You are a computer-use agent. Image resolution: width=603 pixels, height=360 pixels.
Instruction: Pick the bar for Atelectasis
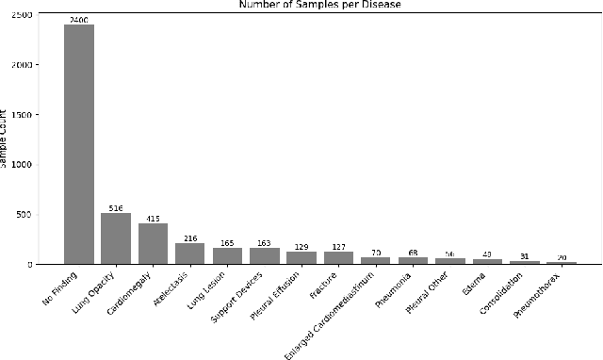190,254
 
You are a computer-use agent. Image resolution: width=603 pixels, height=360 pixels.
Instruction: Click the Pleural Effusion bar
301,257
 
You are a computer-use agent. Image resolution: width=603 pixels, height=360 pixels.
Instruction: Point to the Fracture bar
338,257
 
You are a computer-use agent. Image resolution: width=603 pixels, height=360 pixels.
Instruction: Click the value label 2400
79,19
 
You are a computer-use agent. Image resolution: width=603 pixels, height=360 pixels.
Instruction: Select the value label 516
116,207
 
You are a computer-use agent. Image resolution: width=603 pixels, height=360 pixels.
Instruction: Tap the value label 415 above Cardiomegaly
153,218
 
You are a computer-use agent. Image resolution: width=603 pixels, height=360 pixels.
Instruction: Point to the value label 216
190,237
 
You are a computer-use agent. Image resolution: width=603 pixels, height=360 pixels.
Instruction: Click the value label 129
301,246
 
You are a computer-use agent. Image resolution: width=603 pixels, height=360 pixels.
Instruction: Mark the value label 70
375,253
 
